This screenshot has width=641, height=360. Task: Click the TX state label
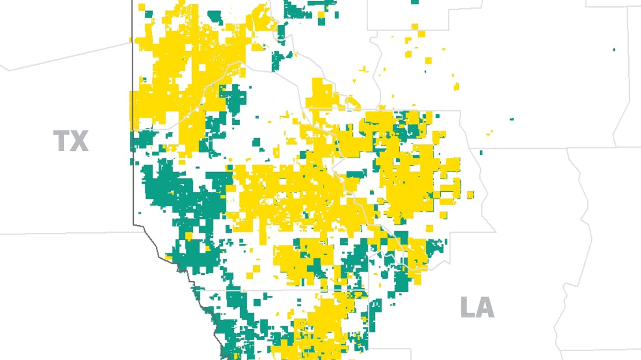71,141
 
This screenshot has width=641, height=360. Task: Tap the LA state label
477,307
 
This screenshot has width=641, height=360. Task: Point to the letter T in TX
61,141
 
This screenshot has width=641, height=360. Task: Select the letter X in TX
80,141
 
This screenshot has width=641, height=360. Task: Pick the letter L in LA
467,307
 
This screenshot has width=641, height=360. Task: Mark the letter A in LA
486,307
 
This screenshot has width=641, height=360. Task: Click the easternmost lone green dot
614,50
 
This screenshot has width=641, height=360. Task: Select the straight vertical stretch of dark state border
133,111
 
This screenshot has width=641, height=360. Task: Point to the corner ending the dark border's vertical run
133,224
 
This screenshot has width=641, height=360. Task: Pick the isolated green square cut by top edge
415,2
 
